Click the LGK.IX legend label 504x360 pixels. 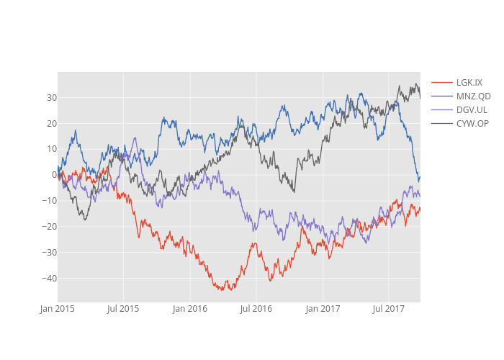469,82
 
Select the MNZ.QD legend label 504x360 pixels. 473,96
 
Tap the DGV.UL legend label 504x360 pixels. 472,109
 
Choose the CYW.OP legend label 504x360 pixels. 472,124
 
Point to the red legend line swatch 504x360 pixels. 441,82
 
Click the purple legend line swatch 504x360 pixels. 441,109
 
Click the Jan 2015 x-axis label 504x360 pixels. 57,309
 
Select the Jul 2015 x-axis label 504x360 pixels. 123,309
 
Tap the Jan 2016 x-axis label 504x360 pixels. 190,309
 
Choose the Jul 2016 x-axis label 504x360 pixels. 256,309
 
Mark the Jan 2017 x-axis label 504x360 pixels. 323,309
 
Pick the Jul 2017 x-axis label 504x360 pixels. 389,309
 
